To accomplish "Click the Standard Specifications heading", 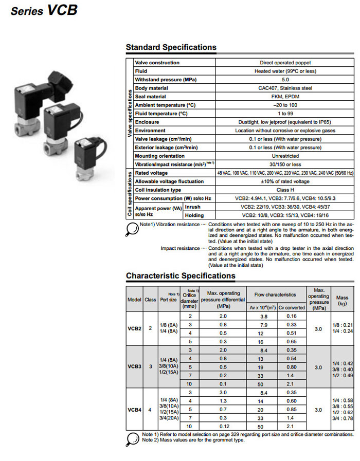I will (171, 47).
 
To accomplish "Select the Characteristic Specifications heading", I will (181, 276).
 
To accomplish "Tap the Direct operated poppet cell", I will (285, 63).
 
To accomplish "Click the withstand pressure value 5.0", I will (285, 80).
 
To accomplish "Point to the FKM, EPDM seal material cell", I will (285, 97).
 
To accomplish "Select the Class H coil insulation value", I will (285, 190).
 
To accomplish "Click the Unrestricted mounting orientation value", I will (285, 156).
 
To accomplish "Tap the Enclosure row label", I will (147, 122).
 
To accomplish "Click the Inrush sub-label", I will (192, 207).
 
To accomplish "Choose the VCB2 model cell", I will (134, 328).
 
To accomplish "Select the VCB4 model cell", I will (134, 410).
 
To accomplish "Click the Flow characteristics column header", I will (275, 295).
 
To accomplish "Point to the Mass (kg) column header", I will (342, 301).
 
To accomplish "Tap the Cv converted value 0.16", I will (291, 316).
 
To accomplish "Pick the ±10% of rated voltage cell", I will (285, 182).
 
